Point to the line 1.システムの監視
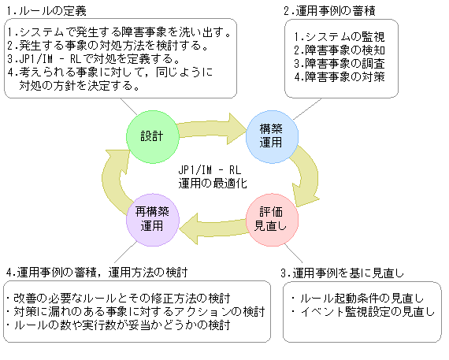click(x=335, y=36)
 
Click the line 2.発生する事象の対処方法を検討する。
click(x=107, y=46)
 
